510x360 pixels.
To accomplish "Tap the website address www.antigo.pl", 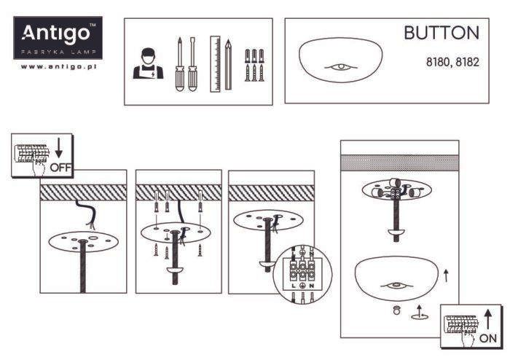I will point(60,66).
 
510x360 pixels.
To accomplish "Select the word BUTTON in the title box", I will point(442,34).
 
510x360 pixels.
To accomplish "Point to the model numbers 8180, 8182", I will point(452,63).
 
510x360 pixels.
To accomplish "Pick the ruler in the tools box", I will point(215,63).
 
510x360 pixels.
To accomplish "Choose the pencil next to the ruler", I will point(228,64).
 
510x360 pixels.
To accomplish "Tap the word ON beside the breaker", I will point(489,339).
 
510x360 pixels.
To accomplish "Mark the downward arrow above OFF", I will point(59,149).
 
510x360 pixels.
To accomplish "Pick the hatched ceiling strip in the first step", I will point(83,192).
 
